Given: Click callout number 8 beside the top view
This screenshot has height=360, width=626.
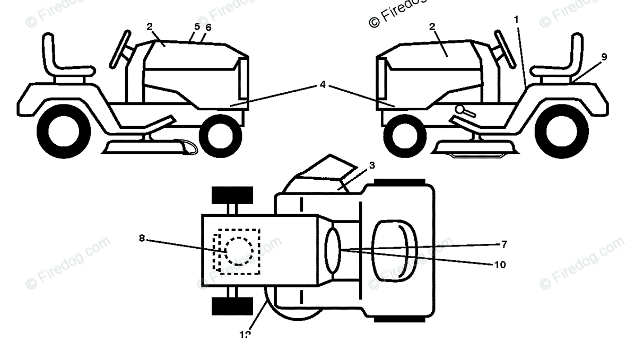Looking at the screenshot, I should [142, 238].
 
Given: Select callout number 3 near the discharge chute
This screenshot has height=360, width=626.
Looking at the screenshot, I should [372, 165].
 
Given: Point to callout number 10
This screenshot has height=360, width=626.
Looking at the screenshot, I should [500, 264].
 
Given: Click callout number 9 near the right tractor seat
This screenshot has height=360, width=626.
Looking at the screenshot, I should [604, 57].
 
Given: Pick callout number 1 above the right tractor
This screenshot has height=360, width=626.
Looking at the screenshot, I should [516, 19].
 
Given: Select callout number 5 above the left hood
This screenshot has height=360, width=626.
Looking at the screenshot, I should [197, 26].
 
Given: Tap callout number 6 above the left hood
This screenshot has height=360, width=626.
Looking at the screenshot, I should [208, 28].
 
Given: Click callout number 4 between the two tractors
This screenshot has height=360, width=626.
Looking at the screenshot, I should [323, 84].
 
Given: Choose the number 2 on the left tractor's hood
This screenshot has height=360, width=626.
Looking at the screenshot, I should [150, 26].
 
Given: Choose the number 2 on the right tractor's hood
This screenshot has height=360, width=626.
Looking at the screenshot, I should [432, 26].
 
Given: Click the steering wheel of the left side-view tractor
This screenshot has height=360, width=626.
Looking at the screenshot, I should [121, 49].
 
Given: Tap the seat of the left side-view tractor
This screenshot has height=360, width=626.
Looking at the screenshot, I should [64, 61].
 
